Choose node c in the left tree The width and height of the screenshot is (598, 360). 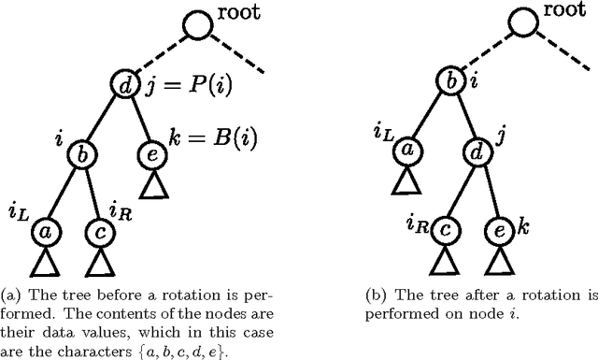coord(99,227)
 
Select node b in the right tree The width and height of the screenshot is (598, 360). coord(453,80)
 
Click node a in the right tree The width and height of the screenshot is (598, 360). coord(406,151)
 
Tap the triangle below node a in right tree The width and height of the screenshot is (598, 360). coord(406,182)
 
